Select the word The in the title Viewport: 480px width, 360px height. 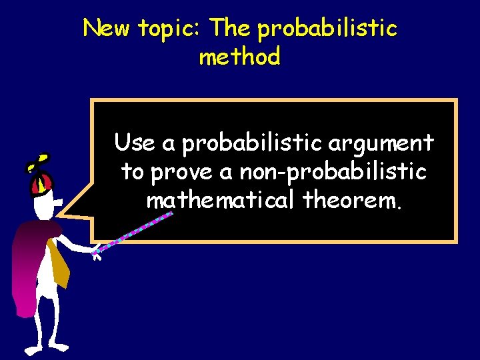231,29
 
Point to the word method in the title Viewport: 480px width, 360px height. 239,57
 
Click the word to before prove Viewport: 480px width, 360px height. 133,172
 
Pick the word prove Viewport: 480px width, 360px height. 182,173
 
